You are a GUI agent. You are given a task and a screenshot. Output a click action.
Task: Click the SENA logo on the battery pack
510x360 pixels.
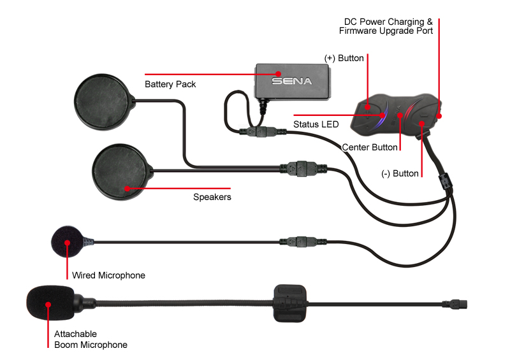tap(291, 81)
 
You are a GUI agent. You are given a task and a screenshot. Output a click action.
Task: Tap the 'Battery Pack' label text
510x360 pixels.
tap(170, 84)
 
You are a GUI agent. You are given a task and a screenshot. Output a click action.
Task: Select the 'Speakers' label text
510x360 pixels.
tap(212, 197)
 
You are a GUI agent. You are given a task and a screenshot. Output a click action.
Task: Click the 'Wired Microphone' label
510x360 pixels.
tap(108, 275)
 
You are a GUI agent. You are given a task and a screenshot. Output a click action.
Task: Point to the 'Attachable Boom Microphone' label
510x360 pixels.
tap(91, 339)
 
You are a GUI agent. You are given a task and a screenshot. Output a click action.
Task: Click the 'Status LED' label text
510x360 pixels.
tap(316, 124)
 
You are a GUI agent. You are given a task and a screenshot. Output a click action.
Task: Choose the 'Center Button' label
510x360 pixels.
tap(370, 147)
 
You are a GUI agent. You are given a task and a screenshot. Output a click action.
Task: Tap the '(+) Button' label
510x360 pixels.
tap(344, 58)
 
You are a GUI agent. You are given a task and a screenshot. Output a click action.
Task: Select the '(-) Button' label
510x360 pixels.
tap(400, 173)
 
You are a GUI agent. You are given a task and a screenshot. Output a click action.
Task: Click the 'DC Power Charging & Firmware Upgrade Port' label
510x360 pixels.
tap(386, 26)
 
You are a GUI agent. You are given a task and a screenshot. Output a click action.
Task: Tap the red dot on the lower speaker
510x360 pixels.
tap(127, 189)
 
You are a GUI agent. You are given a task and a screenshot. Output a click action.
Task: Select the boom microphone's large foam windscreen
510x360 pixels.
tap(50, 303)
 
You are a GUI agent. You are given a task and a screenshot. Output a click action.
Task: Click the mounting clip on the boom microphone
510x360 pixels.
tap(289, 303)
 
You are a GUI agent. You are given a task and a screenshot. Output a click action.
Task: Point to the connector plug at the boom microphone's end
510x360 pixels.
tap(455, 305)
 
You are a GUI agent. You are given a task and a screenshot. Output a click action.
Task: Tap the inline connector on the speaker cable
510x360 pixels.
tap(303, 168)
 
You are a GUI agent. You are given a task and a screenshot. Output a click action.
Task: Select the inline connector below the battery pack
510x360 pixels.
tap(262, 132)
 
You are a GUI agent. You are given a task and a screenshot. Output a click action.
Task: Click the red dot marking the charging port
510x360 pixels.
tap(439, 116)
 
